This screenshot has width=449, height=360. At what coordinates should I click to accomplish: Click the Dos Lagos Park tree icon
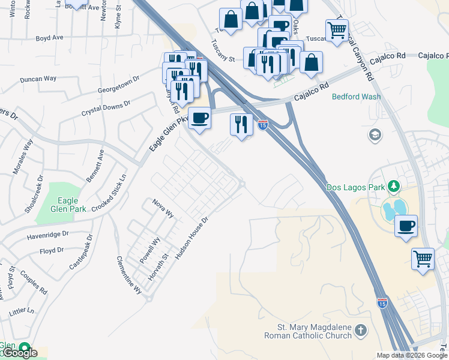pyautogui.click(x=394, y=187)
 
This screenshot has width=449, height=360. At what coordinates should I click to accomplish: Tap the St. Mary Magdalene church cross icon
pyautogui.click(x=360, y=331)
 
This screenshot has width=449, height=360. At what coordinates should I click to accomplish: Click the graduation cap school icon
pyautogui.click(x=376, y=134)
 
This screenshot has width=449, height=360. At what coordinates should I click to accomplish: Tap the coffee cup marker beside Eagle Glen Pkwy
pyautogui.click(x=199, y=118)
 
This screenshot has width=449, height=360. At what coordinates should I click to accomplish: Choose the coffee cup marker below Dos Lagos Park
pyautogui.click(x=406, y=226)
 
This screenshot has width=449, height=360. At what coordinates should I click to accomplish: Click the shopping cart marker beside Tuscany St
pyautogui.click(x=337, y=30)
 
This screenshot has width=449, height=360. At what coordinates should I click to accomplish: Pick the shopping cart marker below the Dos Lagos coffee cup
pyautogui.click(x=423, y=259)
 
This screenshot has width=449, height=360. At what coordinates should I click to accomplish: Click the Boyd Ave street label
pyautogui.click(x=50, y=37)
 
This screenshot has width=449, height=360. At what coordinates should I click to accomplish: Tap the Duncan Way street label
pyautogui.click(x=38, y=79)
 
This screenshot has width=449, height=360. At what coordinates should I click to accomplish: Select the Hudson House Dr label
pyautogui.click(x=191, y=238)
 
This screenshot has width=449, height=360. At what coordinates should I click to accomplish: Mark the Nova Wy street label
pyautogui.click(x=163, y=208)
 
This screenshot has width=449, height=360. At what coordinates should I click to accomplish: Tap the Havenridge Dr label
pyautogui.click(x=47, y=235)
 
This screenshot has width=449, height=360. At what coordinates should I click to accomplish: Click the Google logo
pyautogui.click(x=19, y=353)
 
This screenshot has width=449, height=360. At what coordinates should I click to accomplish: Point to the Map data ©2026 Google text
pyautogui.click(x=412, y=355)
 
